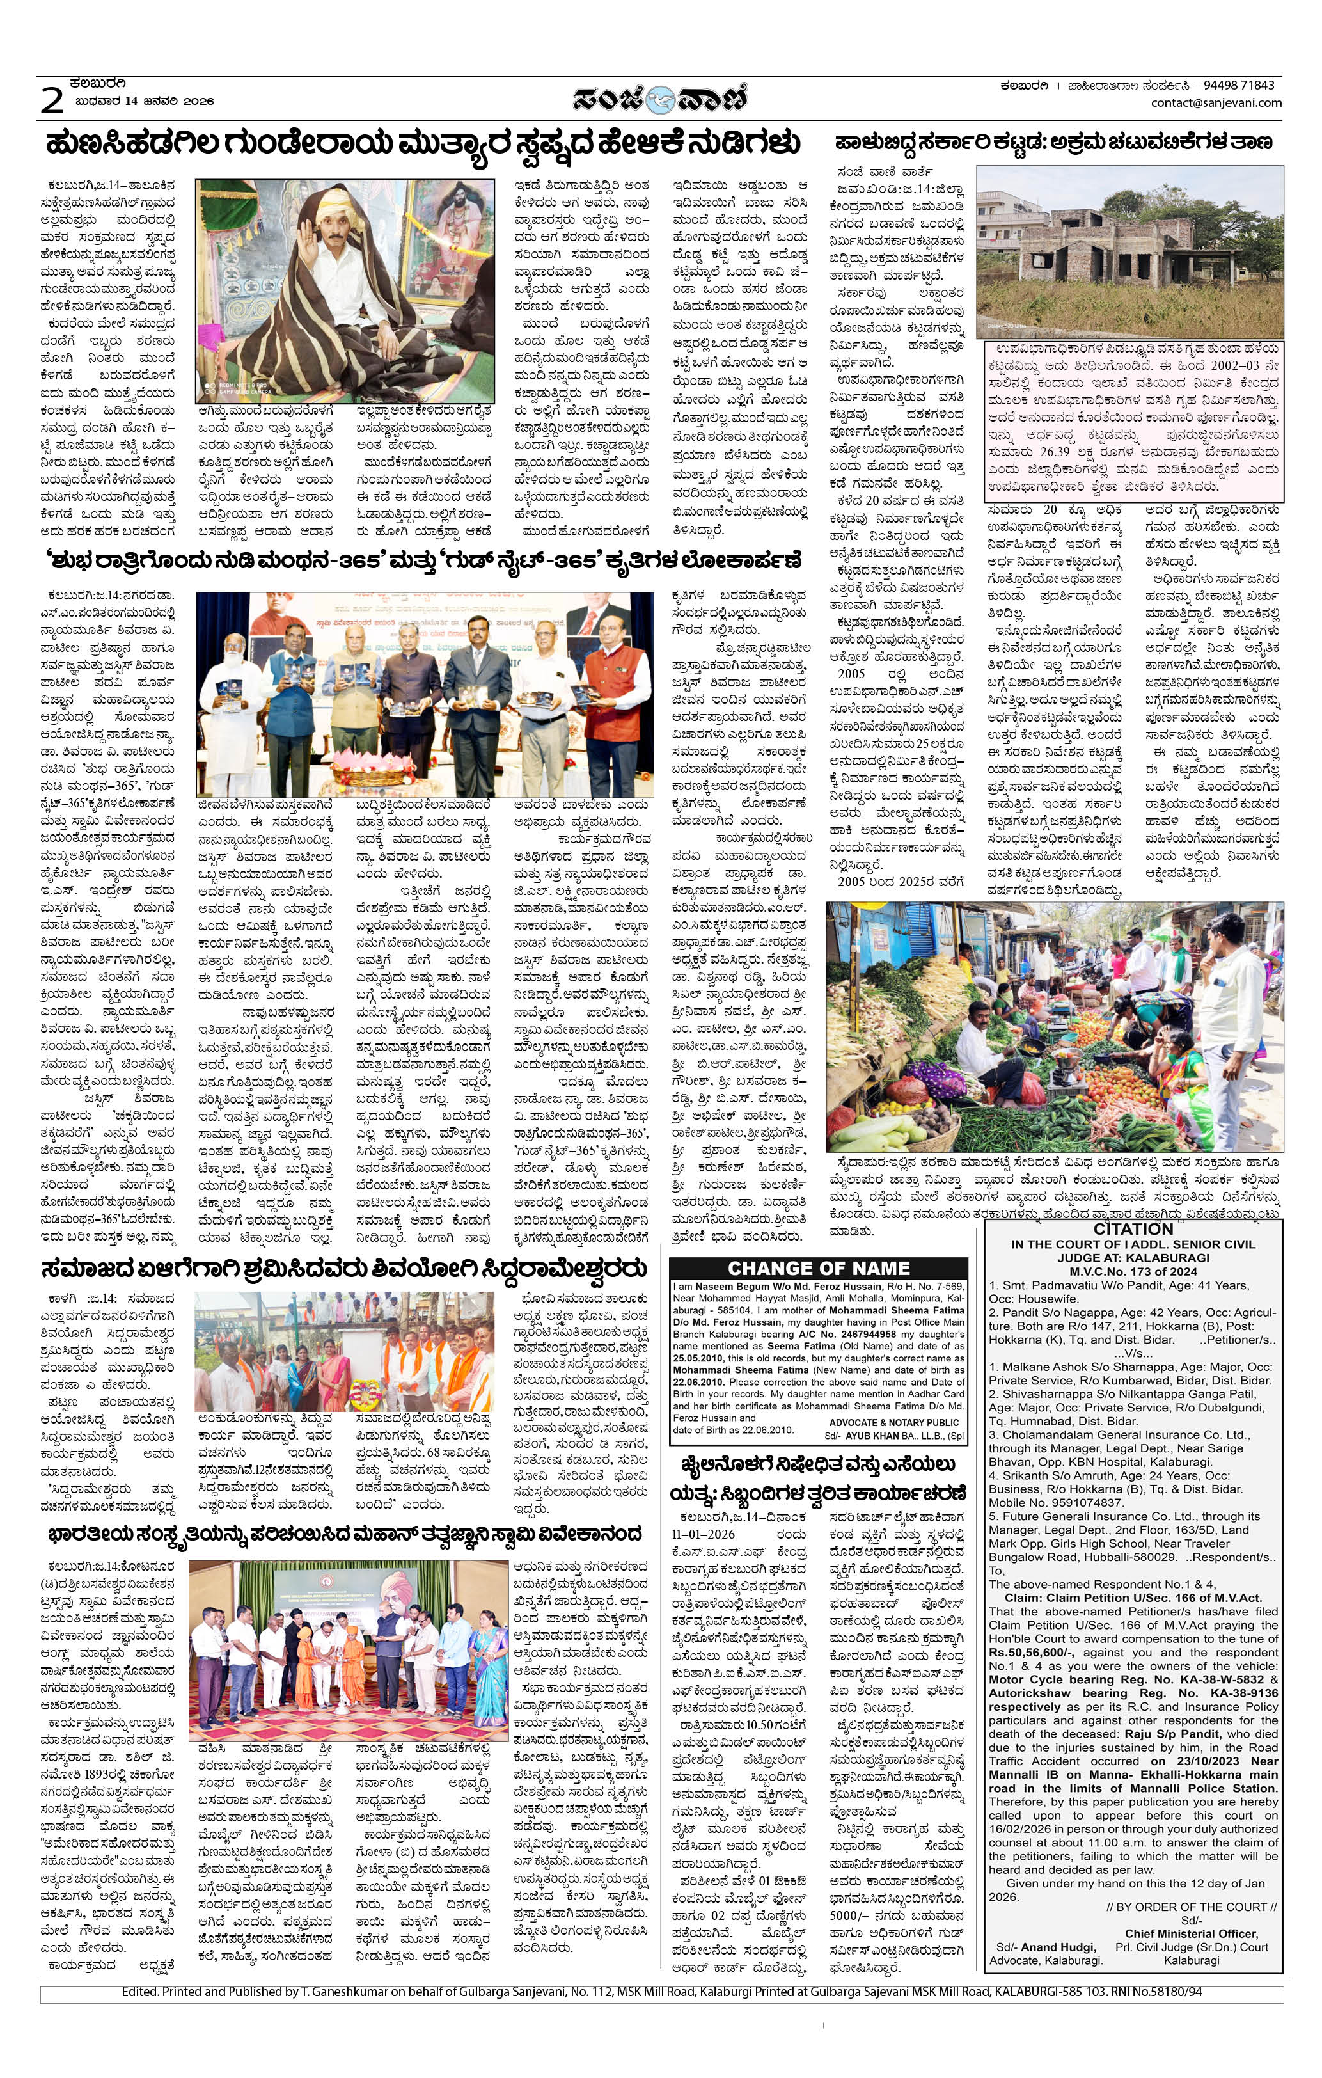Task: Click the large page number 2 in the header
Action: pyautogui.click(x=52, y=101)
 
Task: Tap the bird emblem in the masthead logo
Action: pyautogui.click(x=661, y=99)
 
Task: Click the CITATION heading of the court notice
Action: pyautogui.click(x=1133, y=1230)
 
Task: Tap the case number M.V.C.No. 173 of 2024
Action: pyautogui.click(x=1133, y=1271)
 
